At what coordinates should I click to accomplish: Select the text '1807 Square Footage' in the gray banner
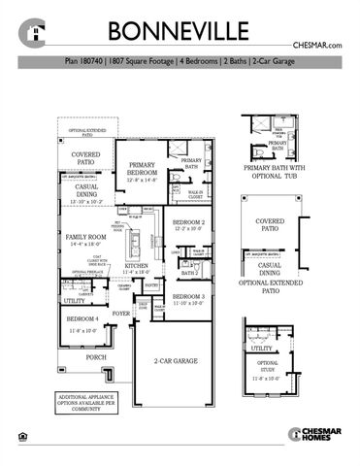click(x=148, y=61)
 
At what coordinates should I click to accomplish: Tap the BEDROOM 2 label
click(x=189, y=224)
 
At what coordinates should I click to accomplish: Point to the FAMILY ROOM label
click(x=84, y=238)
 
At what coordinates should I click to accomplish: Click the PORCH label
click(x=96, y=356)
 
